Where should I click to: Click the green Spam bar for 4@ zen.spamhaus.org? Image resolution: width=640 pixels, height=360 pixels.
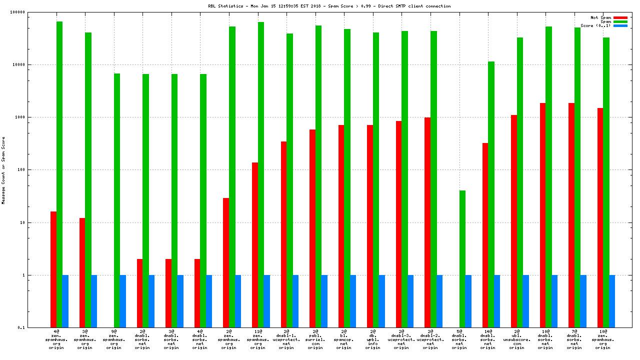[59, 175]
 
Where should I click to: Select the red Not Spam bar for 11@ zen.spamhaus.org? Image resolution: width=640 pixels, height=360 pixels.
[255, 245]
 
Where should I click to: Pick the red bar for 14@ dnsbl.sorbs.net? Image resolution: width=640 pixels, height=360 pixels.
[485, 235]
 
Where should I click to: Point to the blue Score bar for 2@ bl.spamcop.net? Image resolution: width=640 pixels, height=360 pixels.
[353, 301]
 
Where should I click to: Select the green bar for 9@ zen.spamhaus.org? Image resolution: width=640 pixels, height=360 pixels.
[117, 200]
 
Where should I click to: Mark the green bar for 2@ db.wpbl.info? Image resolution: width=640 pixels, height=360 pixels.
[376, 180]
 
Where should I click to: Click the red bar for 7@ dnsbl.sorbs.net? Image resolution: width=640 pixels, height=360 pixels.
[571, 215]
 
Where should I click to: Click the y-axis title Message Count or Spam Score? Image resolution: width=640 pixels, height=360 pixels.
[3, 170]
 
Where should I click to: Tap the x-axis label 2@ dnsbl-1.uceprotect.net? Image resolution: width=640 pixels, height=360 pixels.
[286, 339]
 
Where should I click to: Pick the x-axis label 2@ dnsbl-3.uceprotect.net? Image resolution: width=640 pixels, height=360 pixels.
[401, 339]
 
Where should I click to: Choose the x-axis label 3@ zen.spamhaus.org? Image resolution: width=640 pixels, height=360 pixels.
[85, 339]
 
